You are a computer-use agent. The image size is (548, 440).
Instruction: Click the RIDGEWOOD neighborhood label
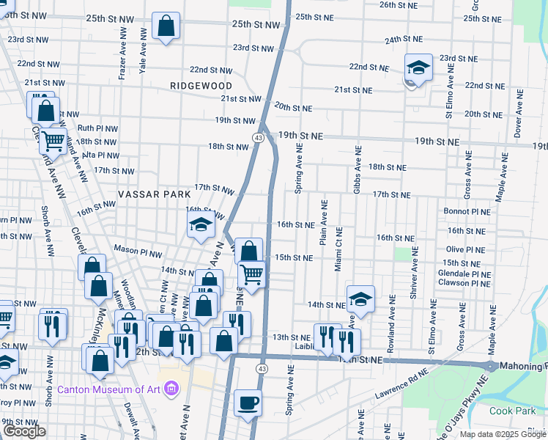(x=201, y=86)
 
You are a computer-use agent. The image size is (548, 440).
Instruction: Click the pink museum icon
(x=171, y=387)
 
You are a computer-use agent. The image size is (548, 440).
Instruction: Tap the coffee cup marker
(x=248, y=403)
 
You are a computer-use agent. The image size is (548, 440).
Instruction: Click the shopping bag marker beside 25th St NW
(x=166, y=27)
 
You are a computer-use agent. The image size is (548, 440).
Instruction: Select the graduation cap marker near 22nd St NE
(x=418, y=68)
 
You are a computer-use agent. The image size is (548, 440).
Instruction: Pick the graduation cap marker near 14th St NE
(x=360, y=298)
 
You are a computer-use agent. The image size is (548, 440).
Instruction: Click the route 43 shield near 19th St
(x=259, y=137)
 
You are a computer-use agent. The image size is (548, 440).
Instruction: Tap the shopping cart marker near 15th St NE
(x=251, y=274)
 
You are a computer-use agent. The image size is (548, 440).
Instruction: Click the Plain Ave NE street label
(x=322, y=220)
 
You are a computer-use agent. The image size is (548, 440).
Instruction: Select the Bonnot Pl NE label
(x=467, y=211)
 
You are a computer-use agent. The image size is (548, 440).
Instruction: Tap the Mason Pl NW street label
(x=137, y=251)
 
